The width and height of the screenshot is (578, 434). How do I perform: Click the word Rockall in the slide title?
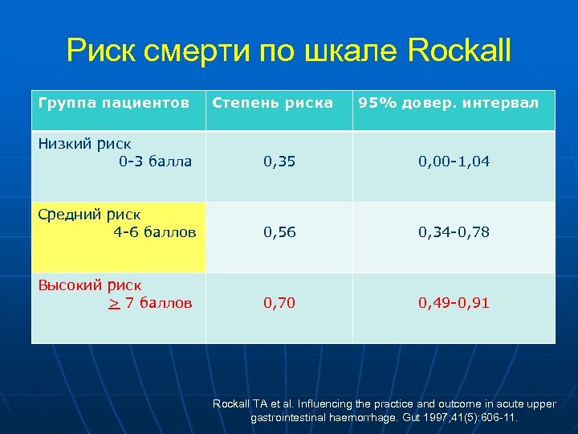459,52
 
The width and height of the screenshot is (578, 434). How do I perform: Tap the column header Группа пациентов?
114,103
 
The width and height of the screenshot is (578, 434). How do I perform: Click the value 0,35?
279,162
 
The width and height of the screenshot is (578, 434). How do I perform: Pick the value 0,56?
279,232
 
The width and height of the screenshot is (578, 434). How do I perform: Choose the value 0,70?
279,303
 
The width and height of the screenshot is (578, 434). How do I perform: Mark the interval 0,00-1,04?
454,162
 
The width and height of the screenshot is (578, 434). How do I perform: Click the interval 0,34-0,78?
454,232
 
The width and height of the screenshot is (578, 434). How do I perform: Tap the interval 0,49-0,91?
454,303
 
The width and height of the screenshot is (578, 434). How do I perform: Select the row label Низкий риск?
84,144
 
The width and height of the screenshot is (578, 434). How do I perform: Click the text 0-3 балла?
155,162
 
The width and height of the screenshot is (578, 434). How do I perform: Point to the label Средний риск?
89,215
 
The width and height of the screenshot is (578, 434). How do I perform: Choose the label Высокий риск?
90,285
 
